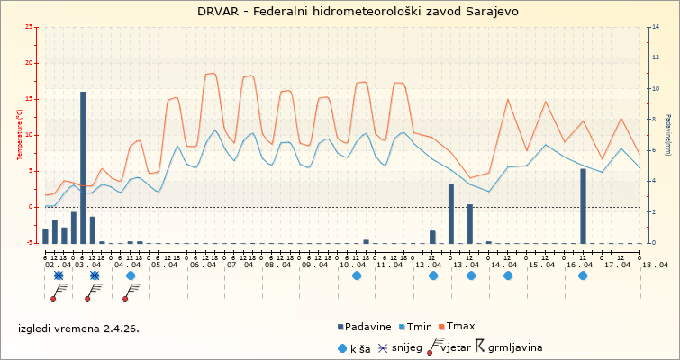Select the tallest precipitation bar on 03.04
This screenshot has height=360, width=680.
pyautogui.click(x=83, y=166)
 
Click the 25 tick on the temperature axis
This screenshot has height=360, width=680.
pyautogui.click(x=29, y=27)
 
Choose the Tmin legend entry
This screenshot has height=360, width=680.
pyautogui.click(x=415, y=327)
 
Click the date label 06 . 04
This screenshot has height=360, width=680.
pyautogui.click(x=203, y=265)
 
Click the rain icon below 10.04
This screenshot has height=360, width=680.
pyautogui.click(x=357, y=275)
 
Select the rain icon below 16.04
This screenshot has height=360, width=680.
pyautogui.click(x=583, y=275)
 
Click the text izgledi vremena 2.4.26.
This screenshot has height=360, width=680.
pyautogui.click(x=78, y=329)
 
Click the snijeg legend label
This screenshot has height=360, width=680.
pyautogui.click(x=406, y=346)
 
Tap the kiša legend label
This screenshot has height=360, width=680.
pyautogui.click(x=361, y=346)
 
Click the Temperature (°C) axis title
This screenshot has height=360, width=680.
pyautogui.click(x=19, y=134)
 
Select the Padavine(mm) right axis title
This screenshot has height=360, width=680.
pyautogui.click(x=668, y=134)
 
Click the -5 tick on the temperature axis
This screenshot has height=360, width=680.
pyautogui.click(x=29, y=243)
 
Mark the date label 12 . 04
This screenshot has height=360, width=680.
pyautogui.click(x=430, y=265)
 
